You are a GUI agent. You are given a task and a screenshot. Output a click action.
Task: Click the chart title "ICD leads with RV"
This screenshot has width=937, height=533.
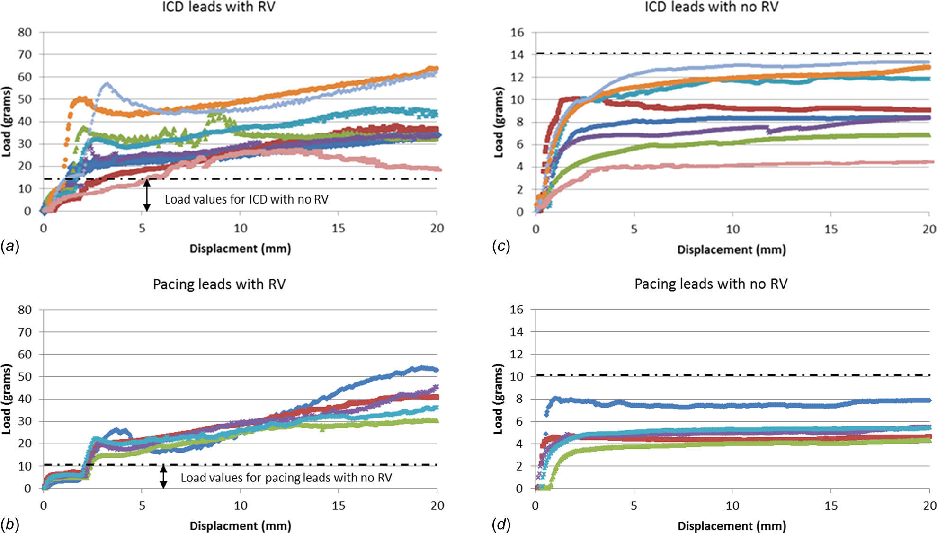[x=219, y=7]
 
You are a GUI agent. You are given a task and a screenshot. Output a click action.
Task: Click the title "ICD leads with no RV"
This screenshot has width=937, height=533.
[x=711, y=7]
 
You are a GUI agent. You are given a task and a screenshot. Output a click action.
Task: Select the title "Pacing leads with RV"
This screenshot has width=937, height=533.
[x=219, y=284]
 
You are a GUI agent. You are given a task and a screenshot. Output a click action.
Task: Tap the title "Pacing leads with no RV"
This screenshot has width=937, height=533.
[x=711, y=284]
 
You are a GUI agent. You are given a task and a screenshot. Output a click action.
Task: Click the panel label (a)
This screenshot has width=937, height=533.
[x=10, y=246]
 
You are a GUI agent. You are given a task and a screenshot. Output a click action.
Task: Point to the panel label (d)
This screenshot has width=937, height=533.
[x=501, y=524]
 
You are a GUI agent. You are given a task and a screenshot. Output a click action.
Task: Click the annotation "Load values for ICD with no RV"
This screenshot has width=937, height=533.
[x=246, y=199]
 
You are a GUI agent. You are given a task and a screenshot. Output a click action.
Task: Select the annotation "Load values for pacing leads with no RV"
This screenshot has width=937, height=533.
[x=286, y=478]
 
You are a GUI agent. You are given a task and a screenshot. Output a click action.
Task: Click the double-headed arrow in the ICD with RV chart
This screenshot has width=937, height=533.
[x=147, y=195]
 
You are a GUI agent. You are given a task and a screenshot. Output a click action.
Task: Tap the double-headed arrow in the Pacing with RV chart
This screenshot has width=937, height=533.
[x=163, y=477]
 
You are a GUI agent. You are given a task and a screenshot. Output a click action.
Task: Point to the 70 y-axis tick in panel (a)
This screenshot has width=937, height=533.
[x=25, y=54]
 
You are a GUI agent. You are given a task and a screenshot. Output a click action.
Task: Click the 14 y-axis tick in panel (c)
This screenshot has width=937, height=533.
[x=517, y=55]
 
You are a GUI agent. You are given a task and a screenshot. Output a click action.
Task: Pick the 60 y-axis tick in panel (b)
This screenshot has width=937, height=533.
[x=25, y=355]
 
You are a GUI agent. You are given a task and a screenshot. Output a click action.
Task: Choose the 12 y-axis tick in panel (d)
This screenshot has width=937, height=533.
[x=517, y=354]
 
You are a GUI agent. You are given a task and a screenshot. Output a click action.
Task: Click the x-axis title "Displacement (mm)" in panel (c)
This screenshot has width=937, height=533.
[x=732, y=249]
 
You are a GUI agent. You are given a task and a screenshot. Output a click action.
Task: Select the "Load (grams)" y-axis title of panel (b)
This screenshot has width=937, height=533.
[x=7, y=399]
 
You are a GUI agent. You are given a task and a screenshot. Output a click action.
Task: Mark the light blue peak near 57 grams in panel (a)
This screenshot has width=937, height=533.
[x=107, y=84]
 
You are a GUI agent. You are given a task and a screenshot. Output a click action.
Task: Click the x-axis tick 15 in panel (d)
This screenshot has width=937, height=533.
[x=831, y=506]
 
